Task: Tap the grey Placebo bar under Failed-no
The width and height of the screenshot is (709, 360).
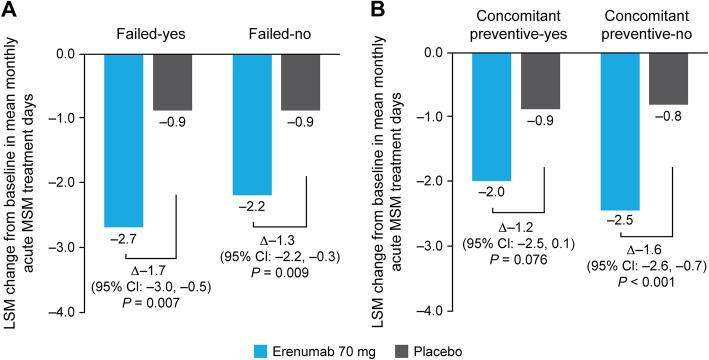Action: click(301, 81)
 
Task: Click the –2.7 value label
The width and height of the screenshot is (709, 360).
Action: click(124, 240)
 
